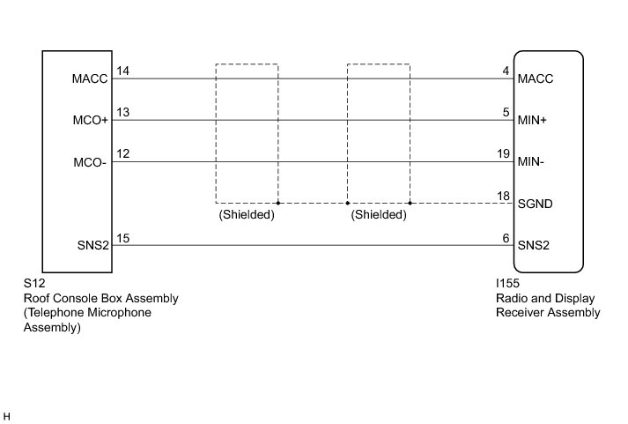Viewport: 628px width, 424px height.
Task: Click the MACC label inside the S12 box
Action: pos(91,78)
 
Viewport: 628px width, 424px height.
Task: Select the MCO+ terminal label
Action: pos(91,121)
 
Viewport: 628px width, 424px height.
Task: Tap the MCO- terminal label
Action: pos(91,162)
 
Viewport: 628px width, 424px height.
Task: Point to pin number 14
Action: pos(122,71)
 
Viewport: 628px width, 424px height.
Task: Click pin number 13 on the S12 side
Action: pos(122,113)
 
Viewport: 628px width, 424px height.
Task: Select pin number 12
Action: pos(122,154)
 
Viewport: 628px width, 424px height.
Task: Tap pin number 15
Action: pos(122,238)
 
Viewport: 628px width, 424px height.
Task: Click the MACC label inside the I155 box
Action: pos(536,78)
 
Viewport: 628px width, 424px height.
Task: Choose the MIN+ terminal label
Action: pos(534,121)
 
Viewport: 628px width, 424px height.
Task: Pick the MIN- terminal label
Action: pos(534,162)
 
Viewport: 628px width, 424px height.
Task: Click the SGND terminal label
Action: pos(536,204)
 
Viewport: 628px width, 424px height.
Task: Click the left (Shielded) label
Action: pos(247,214)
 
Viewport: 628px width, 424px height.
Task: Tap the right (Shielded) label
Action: pos(379,214)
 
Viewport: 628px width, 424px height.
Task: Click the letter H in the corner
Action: pos(7,414)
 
